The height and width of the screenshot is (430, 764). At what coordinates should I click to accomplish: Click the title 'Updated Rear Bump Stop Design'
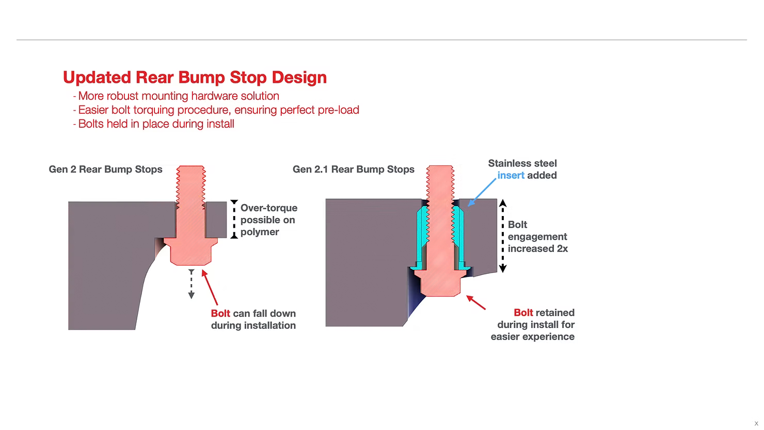point(195,78)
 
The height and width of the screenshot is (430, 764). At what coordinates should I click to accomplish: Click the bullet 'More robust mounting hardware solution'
point(178,96)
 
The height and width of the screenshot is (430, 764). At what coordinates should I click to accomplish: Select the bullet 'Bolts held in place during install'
point(156,124)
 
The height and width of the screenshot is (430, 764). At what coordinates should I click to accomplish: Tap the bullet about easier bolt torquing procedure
point(218,110)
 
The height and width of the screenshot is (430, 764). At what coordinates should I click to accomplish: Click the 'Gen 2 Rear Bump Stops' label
point(105,170)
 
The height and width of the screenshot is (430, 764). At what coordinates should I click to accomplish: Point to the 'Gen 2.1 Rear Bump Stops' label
point(353,170)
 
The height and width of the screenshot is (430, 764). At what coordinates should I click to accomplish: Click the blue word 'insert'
point(511,176)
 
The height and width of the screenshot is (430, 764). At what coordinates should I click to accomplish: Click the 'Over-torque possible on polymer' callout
point(268,220)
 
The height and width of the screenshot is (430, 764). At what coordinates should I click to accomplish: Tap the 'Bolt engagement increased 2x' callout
point(537,237)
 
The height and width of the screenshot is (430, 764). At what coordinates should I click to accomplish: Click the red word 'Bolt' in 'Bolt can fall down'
point(220,314)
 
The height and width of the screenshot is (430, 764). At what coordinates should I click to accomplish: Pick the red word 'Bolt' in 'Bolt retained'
point(523,313)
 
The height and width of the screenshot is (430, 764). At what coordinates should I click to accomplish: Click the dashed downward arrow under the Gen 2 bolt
point(192,284)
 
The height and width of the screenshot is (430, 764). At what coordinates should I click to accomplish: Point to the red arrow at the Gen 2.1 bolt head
point(476,302)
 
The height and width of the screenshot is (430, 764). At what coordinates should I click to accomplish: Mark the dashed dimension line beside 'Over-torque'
point(234,219)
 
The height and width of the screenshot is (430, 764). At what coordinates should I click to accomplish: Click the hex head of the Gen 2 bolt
point(190,253)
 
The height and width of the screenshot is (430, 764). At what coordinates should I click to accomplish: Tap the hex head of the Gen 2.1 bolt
point(440,283)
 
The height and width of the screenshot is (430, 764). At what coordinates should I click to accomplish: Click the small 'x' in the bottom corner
point(756,424)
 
